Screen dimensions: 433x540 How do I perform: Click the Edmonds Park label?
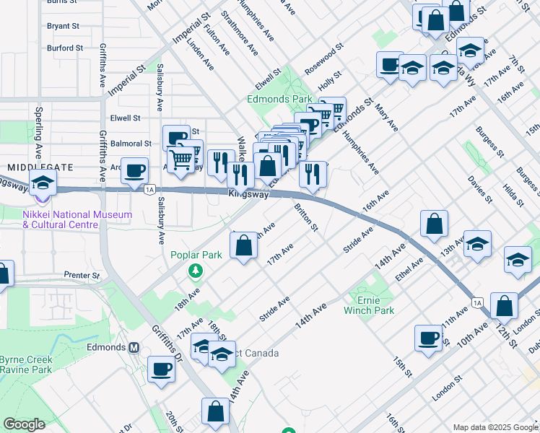[279, 99]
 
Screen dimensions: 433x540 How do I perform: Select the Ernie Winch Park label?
[375, 305]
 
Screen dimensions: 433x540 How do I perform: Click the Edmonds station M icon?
[134, 347]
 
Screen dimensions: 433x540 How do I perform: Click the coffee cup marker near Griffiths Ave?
[134, 171]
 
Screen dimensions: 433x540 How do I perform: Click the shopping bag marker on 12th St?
[504, 306]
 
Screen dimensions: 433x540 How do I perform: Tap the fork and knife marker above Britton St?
[313, 174]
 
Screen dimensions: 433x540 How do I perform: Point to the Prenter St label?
[81, 276]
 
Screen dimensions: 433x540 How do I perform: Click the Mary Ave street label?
[386, 118]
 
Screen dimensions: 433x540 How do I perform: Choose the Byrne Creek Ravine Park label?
[25, 364]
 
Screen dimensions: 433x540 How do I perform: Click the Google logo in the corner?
[24, 424]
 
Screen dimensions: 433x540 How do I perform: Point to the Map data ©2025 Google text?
[495, 427]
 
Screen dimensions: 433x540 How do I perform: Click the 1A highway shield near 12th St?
[477, 302]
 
